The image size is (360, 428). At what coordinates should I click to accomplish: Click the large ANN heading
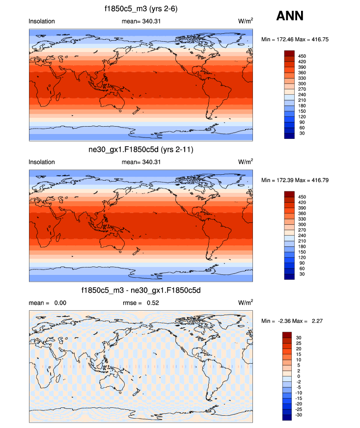290,16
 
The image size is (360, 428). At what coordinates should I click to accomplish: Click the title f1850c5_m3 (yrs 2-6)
141,8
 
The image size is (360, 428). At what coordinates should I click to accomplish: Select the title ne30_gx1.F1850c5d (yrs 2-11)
141,149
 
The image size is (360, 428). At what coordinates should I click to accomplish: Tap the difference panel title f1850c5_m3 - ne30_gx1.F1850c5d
141,291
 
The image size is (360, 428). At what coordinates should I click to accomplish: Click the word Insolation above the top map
42,22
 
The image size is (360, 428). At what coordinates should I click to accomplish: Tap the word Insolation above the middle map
42,162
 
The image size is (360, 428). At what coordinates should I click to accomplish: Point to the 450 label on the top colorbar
303,56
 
